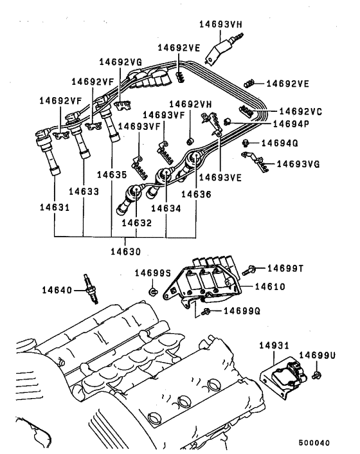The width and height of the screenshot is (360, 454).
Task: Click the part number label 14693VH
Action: coord(221,25)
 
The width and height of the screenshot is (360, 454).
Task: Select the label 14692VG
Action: coord(120,62)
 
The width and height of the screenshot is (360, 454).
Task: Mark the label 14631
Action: coord(54,209)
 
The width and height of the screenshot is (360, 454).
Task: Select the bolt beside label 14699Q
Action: coord(206,313)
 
